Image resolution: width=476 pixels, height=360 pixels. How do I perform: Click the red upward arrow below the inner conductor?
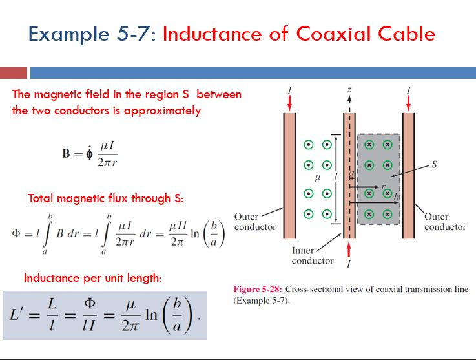click(349, 249)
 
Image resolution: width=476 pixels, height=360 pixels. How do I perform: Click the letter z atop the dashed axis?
click(349, 90)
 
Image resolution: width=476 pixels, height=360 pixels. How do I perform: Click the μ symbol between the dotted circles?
click(317, 176)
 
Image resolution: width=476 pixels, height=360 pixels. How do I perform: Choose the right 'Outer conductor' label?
click(445, 222)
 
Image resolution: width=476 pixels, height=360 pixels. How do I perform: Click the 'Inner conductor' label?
click(313, 256)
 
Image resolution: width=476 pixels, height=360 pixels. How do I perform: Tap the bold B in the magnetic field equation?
click(67, 156)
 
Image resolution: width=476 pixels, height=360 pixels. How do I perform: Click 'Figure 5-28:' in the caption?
click(257, 290)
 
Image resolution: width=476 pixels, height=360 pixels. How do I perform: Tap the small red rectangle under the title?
click(14, 73)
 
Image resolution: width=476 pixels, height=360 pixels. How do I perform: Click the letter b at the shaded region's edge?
click(395, 196)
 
